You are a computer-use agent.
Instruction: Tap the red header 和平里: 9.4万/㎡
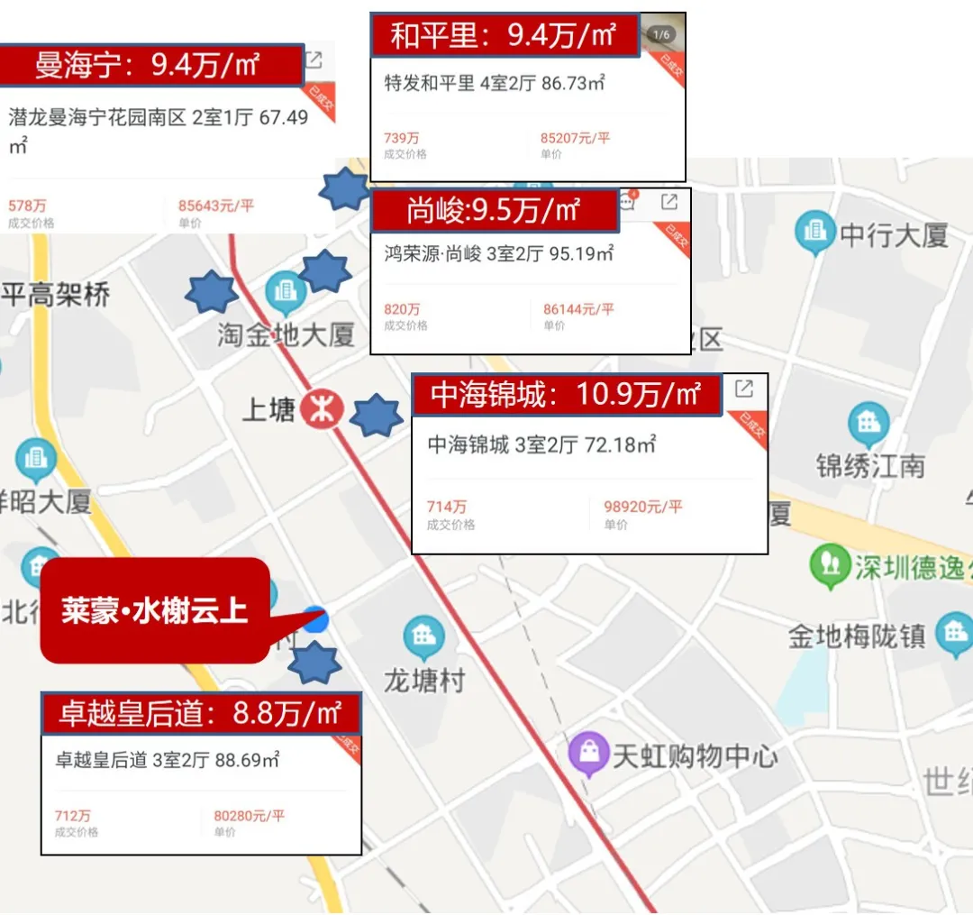click(505, 36)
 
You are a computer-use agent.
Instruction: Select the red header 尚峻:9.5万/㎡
click(492, 210)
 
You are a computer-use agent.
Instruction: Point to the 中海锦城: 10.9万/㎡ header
click(567, 395)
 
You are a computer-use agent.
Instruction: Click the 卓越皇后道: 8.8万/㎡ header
click(201, 713)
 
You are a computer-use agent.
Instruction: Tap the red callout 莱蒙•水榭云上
click(155, 610)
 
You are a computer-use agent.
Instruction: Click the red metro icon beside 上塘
click(322, 410)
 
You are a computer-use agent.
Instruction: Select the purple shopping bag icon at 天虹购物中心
click(588, 754)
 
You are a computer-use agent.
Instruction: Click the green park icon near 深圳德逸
click(830, 564)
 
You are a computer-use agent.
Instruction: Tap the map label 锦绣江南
click(870, 466)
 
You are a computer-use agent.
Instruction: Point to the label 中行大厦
click(895, 236)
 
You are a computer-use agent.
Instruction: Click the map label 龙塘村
click(424, 680)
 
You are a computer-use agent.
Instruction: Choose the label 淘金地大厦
click(286, 335)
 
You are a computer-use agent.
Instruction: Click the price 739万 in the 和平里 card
click(401, 138)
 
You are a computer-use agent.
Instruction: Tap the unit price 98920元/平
click(643, 507)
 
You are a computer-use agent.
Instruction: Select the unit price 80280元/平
click(250, 816)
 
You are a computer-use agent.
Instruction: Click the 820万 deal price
click(402, 309)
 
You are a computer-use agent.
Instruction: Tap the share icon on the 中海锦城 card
click(744, 389)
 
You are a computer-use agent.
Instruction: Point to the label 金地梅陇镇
click(857, 636)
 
